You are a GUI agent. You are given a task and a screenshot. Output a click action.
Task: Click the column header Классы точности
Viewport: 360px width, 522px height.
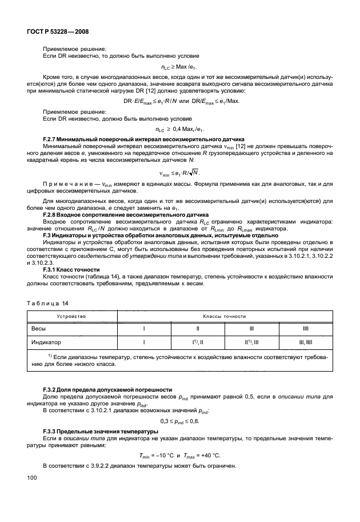tap(224, 316)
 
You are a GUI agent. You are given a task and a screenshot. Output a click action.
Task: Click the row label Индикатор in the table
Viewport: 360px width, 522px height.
tap(45, 342)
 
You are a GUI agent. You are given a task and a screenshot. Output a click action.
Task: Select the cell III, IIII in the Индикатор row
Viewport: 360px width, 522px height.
tap(306, 342)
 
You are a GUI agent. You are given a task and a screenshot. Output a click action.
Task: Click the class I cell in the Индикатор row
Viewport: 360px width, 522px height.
tap(144, 342)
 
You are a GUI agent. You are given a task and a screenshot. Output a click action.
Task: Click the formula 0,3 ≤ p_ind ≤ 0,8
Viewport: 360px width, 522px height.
tap(180, 419)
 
